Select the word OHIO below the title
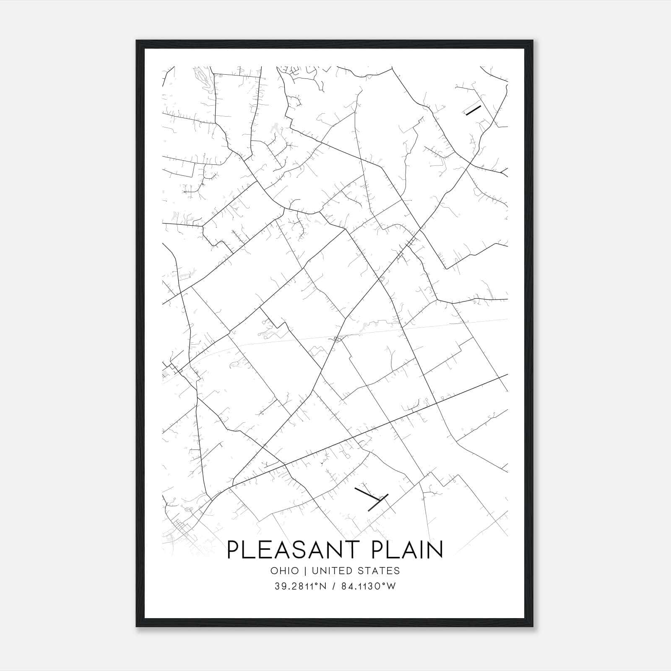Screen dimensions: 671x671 (285, 571)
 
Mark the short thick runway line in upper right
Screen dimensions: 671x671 (473, 110)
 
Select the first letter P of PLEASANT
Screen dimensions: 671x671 (233, 550)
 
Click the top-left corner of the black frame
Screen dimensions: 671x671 (137, 41)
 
